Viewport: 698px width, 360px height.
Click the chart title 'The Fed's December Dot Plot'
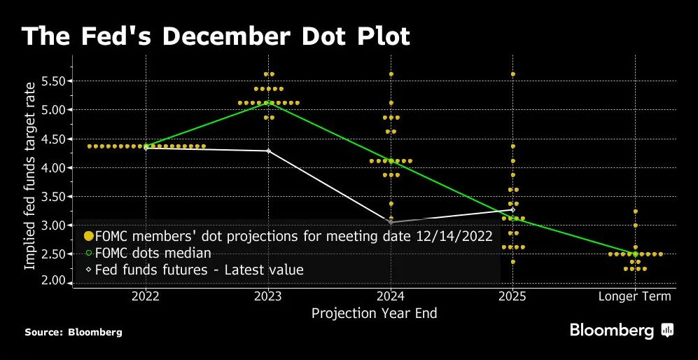point(215,36)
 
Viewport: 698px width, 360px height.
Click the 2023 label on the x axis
point(268,296)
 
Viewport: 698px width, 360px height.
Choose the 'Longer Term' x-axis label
point(634,296)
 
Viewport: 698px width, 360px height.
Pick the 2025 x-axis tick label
point(512,296)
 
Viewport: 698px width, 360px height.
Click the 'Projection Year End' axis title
point(374,313)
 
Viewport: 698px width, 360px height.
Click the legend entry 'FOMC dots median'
point(153,253)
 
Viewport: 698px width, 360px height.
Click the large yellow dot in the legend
point(88,236)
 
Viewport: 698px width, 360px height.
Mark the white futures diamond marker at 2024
point(390,222)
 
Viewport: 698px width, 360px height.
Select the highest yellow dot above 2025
point(512,74)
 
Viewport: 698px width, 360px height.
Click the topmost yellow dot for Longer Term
point(635,211)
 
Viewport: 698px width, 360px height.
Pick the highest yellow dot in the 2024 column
point(391,74)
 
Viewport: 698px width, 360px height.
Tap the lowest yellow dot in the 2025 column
point(512,262)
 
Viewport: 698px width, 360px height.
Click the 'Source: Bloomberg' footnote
point(74,332)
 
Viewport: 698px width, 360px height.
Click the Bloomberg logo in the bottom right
point(622,330)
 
